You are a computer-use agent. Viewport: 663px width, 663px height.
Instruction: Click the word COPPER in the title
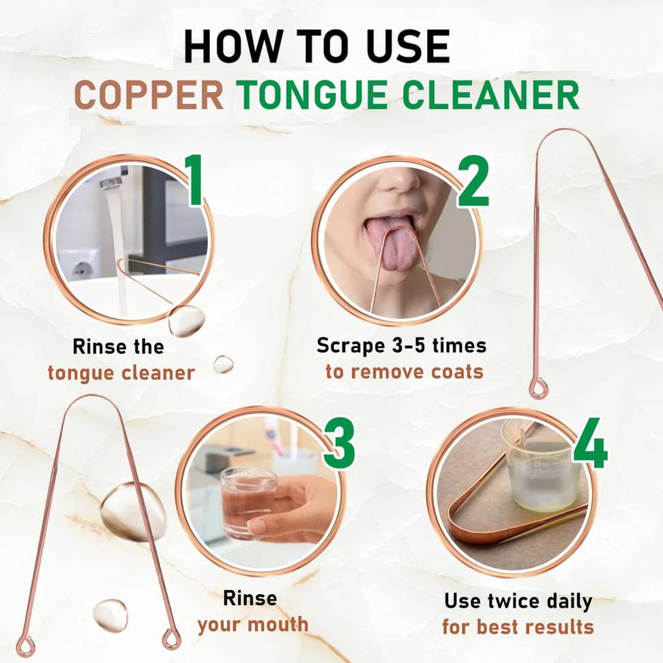(x=149, y=95)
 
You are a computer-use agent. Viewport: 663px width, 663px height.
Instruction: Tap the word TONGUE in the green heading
(x=312, y=95)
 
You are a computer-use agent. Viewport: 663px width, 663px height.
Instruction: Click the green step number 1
(x=194, y=181)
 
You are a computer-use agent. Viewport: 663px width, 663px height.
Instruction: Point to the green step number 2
(x=473, y=181)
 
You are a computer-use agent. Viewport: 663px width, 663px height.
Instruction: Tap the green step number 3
(x=339, y=443)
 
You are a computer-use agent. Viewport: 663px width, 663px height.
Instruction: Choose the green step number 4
(x=590, y=443)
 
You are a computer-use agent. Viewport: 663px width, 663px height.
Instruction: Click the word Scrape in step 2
(x=351, y=346)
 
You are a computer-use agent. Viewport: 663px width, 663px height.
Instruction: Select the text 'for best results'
(x=518, y=626)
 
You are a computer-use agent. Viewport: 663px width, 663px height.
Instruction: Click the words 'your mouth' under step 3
(x=253, y=625)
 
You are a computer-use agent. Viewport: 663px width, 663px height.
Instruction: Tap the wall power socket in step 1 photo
(x=80, y=269)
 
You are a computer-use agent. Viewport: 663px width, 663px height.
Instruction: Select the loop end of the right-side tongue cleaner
(x=539, y=388)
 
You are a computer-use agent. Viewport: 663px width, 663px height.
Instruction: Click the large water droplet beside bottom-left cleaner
(x=134, y=512)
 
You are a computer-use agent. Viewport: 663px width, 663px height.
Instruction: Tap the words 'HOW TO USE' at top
(x=316, y=46)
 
